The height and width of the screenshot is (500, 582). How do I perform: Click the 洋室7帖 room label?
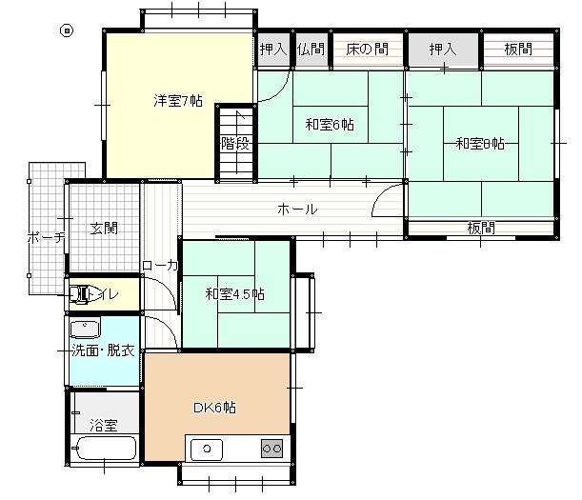(178, 101)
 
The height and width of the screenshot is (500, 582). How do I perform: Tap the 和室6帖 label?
(330, 125)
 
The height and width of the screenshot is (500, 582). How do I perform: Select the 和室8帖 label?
(480, 143)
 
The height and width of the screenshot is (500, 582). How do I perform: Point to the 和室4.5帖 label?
(235, 294)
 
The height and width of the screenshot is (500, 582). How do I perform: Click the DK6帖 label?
(214, 408)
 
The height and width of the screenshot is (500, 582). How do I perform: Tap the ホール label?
(297, 210)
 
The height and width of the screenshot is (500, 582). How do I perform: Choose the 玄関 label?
(104, 229)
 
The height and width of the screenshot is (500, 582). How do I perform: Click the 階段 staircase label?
(235, 143)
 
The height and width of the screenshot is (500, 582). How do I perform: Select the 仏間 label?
(311, 49)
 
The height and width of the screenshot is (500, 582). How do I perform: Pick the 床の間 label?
(367, 49)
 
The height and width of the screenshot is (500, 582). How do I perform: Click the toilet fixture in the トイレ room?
(79, 294)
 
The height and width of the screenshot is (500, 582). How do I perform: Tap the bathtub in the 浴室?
(106, 448)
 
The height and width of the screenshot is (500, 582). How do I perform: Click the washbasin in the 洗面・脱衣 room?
(85, 329)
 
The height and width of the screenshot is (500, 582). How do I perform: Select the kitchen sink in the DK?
(207, 450)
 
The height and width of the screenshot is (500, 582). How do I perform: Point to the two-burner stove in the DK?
(271, 449)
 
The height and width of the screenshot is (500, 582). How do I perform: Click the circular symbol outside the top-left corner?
(67, 30)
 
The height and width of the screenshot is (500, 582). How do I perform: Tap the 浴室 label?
(104, 425)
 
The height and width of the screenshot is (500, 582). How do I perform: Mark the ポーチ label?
(47, 237)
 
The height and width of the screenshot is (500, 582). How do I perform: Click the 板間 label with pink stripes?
(518, 49)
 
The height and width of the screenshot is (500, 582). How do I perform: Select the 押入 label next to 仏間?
(273, 49)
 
